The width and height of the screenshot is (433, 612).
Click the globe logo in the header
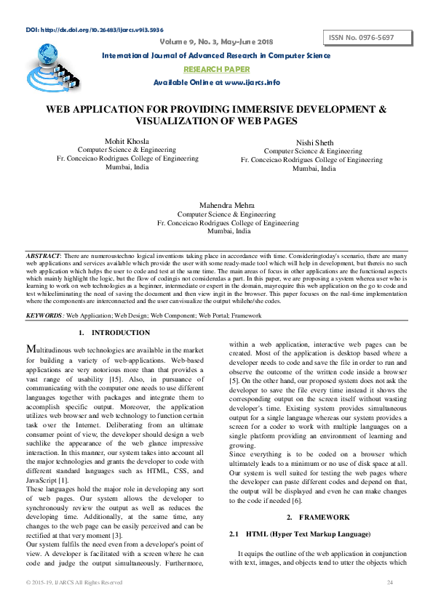[47, 57]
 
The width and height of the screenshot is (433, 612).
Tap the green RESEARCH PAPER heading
[216, 69]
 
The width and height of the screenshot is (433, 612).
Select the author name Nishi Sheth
[314, 142]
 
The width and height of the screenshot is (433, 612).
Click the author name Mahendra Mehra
[229, 206]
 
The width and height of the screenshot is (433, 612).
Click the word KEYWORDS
[44, 316]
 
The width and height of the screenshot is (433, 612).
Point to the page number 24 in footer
[389, 582]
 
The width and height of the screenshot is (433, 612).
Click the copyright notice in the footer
[74, 582]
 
